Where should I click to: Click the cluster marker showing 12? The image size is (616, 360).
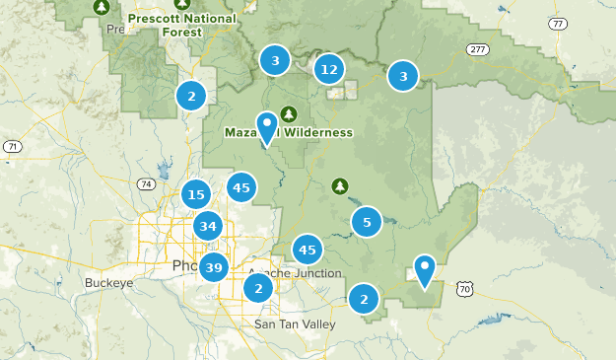[x=329, y=69]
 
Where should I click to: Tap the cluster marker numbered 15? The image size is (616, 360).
[x=196, y=194]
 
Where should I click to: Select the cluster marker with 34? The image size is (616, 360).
[x=207, y=227]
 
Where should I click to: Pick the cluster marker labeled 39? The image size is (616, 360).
[x=214, y=266]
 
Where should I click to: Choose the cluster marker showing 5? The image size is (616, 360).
[x=367, y=222]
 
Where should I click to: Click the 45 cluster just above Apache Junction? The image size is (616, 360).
[x=308, y=250]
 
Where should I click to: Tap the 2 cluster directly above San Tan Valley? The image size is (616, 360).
[x=258, y=288]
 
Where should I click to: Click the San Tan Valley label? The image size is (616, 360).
[x=295, y=324]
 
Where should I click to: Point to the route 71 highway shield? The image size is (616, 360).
[x=12, y=147]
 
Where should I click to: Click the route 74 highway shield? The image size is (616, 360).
[x=146, y=184]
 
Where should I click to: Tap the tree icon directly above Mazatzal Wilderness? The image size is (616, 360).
[x=289, y=112]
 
